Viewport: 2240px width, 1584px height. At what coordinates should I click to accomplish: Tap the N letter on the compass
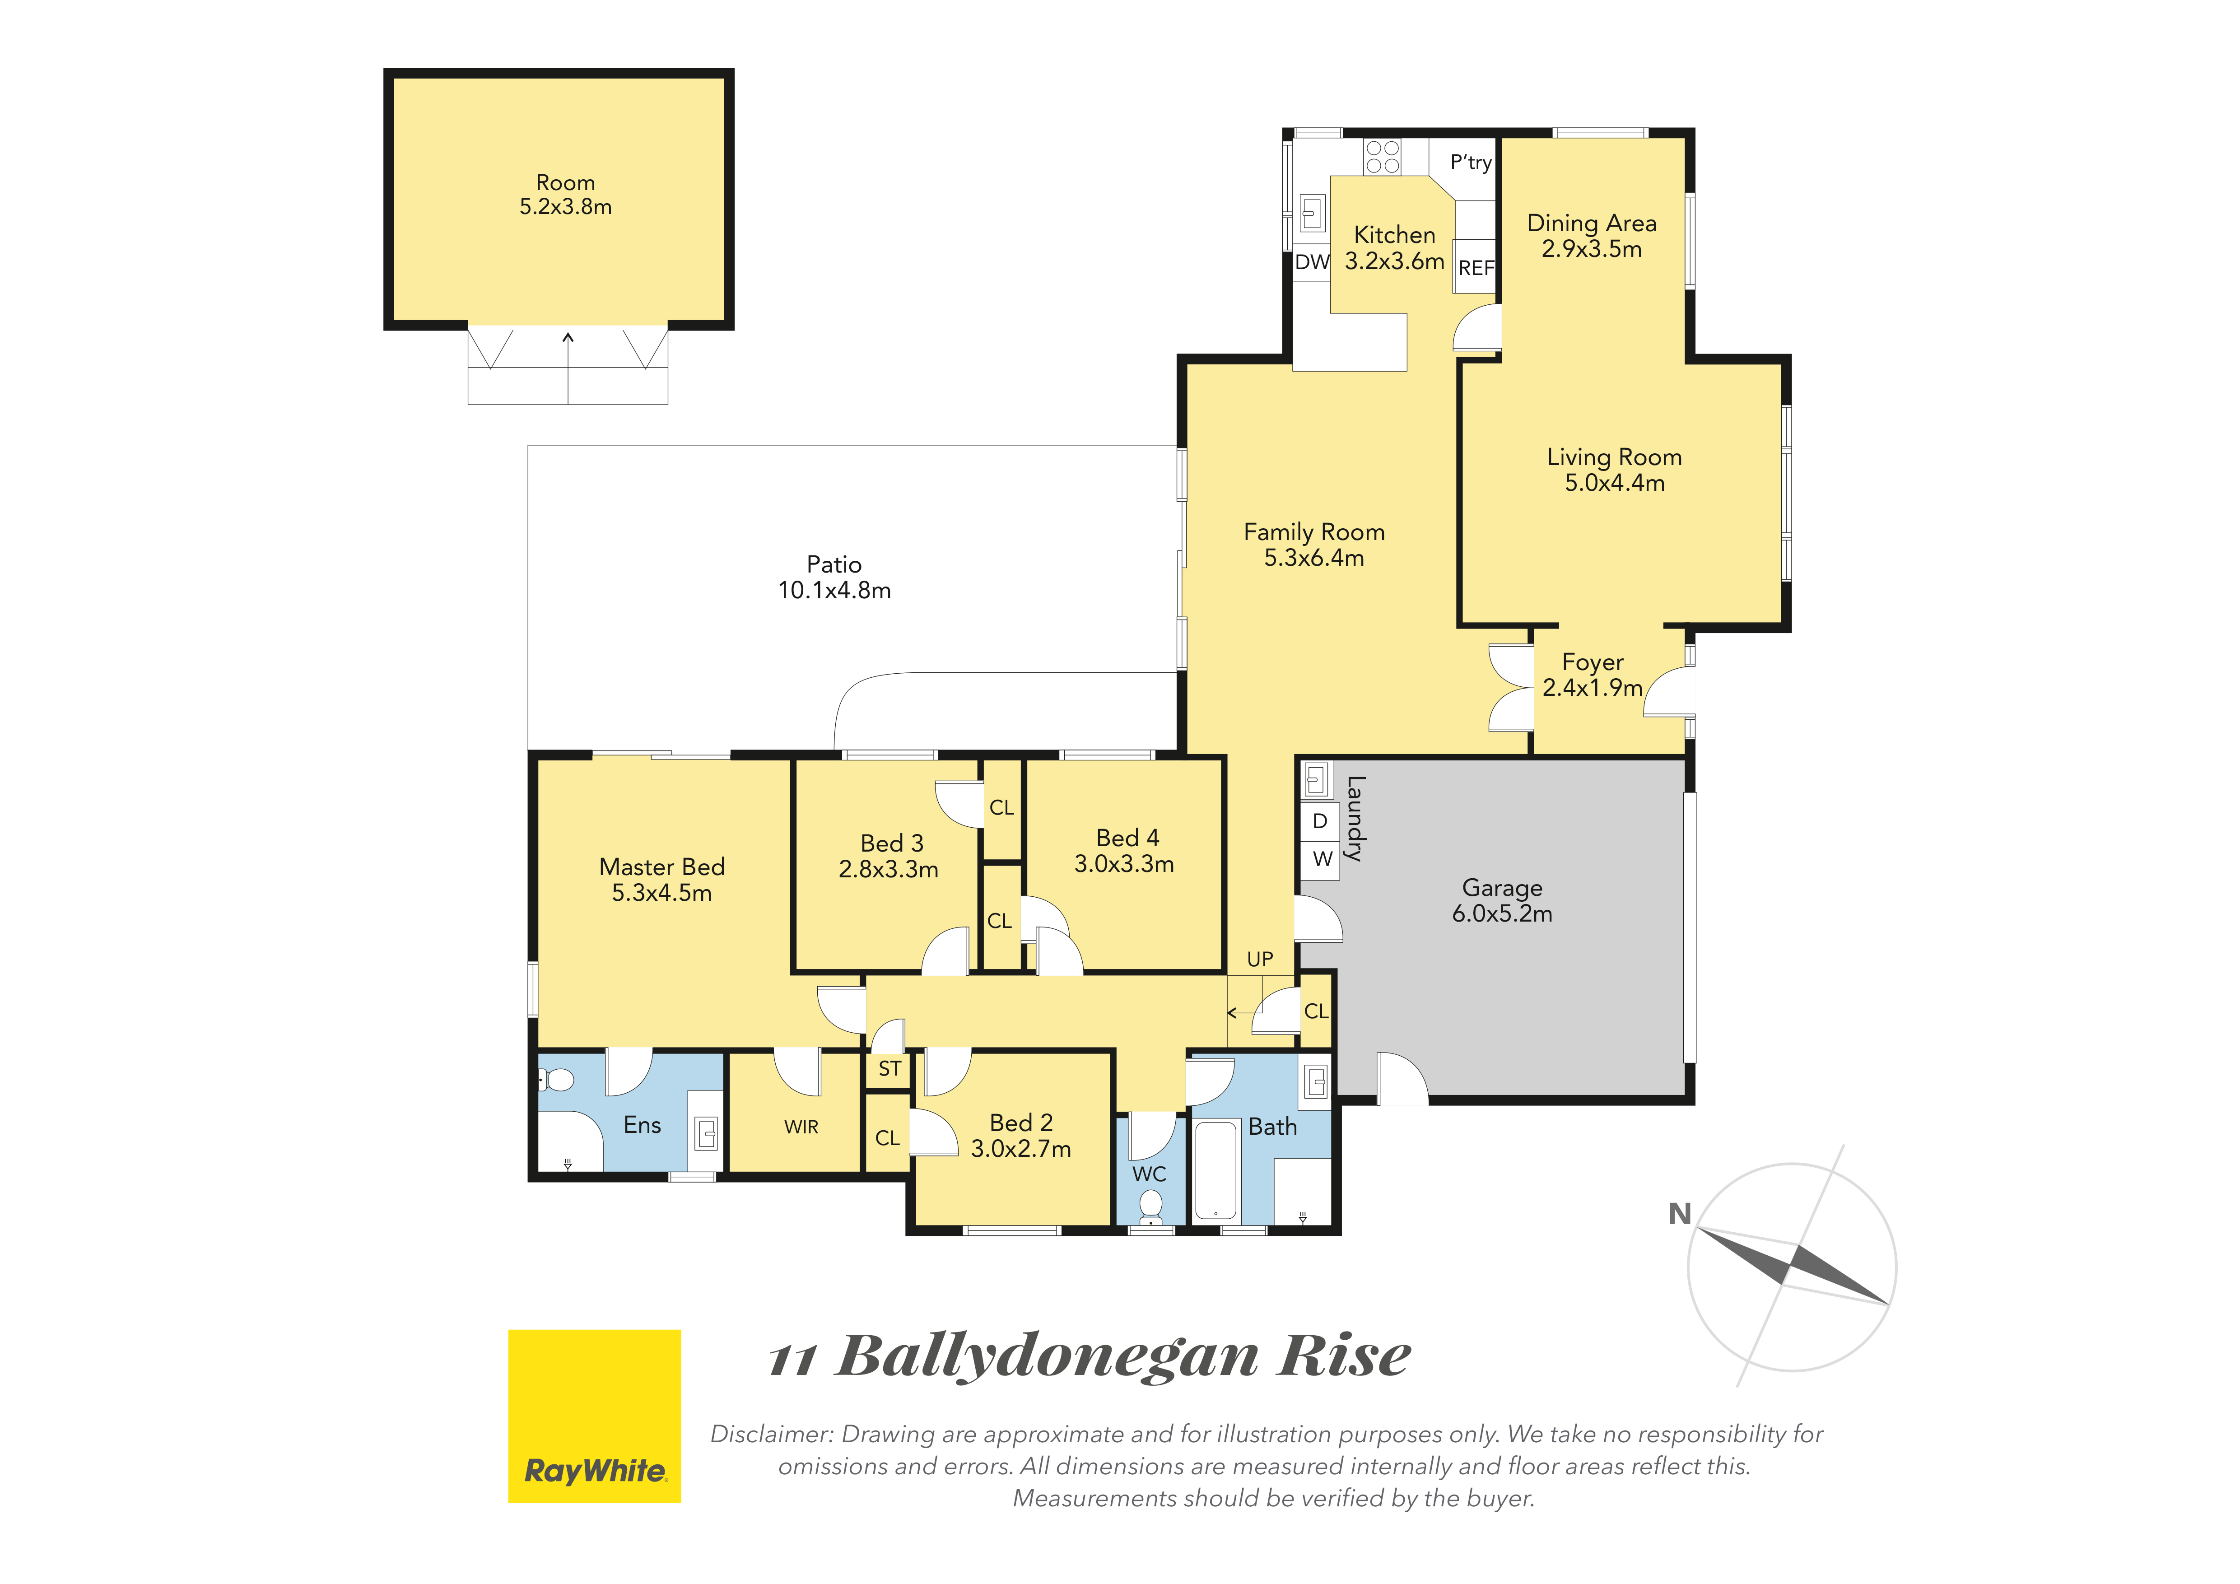tap(1679, 1214)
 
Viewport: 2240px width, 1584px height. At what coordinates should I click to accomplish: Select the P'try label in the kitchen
tap(1470, 163)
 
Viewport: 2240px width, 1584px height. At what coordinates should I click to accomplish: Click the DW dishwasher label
tap(1312, 261)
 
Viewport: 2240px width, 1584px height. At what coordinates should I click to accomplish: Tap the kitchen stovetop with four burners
tap(1383, 157)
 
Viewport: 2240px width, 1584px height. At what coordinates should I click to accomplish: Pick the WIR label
tap(801, 1127)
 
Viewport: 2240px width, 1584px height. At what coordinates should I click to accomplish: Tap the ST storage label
tap(889, 1069)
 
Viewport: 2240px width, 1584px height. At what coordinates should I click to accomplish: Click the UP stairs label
tap(1259, 960)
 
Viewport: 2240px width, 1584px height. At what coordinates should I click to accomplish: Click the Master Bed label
tap(661, 867)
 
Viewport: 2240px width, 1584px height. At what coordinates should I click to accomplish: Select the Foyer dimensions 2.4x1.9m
tap(1592, 688)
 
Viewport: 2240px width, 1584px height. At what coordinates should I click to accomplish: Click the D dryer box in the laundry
tap(1320, 821)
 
